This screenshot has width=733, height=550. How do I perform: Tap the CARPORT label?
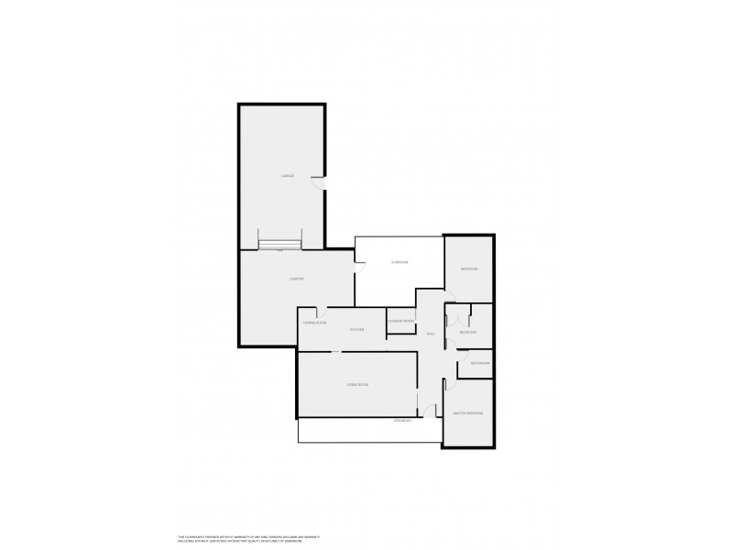click(297, 279)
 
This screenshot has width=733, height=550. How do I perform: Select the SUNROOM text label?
click(399, 262)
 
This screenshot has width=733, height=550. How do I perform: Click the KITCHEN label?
click(357, 329)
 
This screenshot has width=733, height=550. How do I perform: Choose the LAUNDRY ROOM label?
click(401, 321)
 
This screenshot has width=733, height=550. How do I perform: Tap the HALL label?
click(430, 334)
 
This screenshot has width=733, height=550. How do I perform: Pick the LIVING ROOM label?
click(357, 384)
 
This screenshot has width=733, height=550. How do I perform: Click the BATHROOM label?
click(480, 363)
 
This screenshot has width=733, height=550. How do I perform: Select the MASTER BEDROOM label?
click(467, 413)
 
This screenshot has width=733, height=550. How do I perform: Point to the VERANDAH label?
click(403, 420)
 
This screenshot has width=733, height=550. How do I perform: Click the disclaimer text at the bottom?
click(247, 538)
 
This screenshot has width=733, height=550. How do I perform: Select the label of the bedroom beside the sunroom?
click(469, 269)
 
